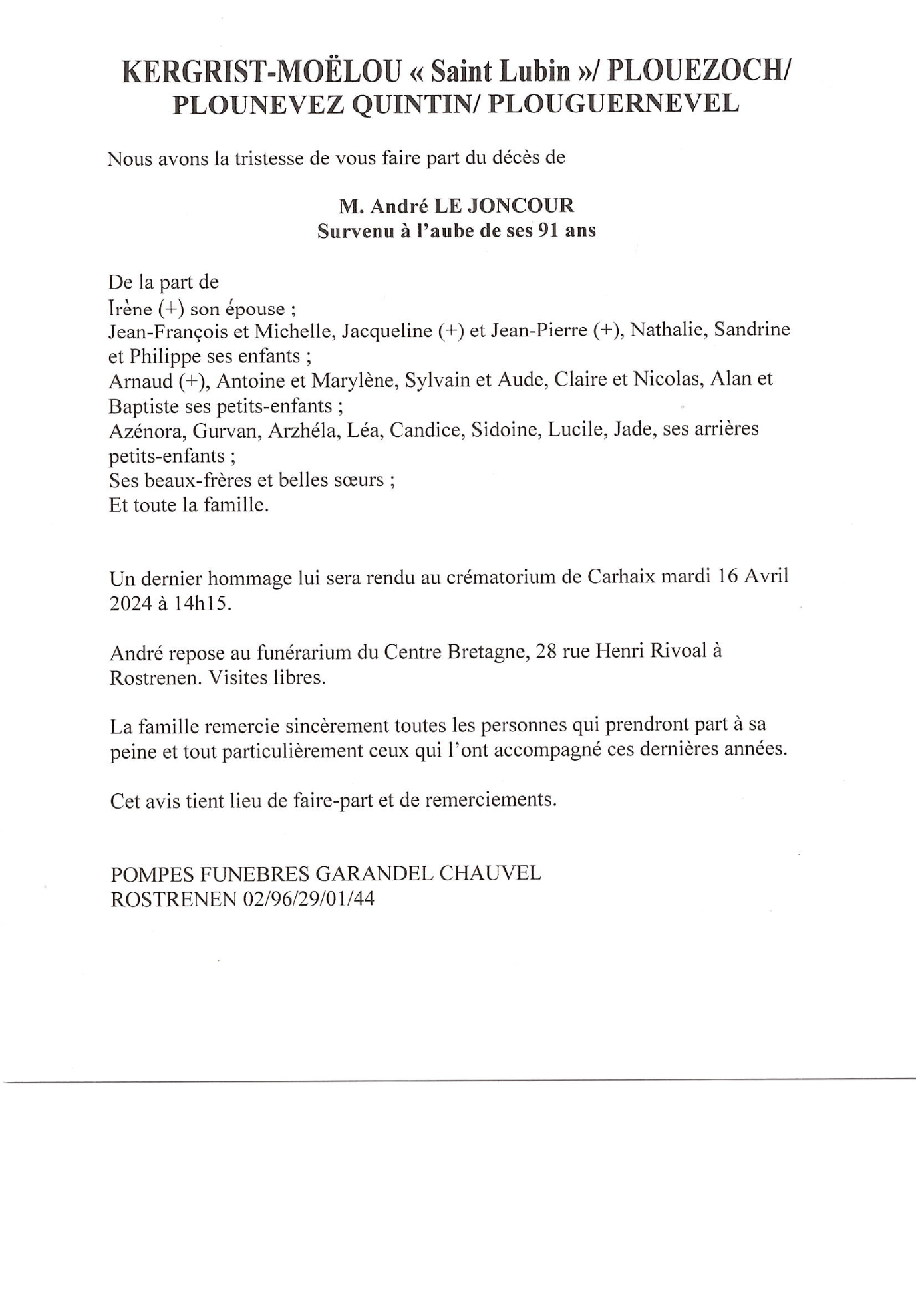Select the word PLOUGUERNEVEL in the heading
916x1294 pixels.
coord(613,104)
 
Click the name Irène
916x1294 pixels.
coord(130,309)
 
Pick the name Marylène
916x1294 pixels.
coord(350,380)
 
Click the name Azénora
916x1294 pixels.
coord(146,431)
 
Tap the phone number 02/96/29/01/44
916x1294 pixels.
coord(309,899)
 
